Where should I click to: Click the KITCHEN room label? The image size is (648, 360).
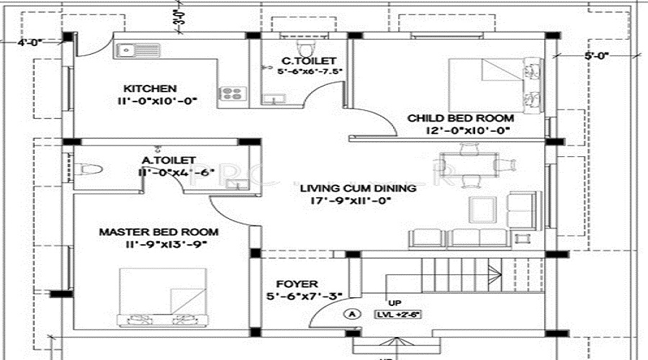tap(150, 88)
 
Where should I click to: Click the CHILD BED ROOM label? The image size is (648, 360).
tap(461, 118)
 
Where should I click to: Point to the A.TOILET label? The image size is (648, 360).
tap(169, 160)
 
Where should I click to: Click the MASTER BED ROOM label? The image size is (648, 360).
tap(158, 232)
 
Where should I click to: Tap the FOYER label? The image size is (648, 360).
tap(302, 284)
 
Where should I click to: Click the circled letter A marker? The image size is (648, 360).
tap(352, 313)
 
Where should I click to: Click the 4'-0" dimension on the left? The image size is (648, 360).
tap(31, 42)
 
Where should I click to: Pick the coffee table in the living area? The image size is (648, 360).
tap(483, 208)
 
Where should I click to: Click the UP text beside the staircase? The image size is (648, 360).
tap(395, 302)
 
